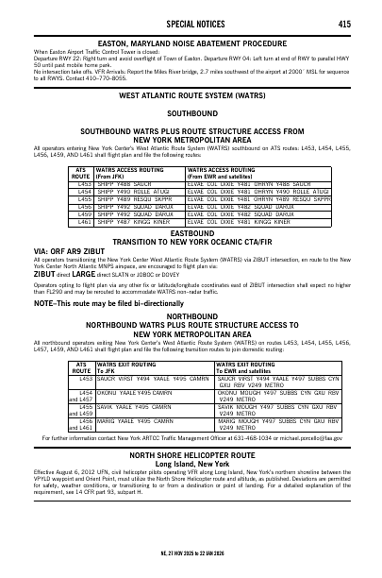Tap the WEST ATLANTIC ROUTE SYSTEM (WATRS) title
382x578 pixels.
(x=191, y=96)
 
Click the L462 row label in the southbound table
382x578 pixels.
(x=82, y=222)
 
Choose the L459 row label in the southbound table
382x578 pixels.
(x=82, y=213)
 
